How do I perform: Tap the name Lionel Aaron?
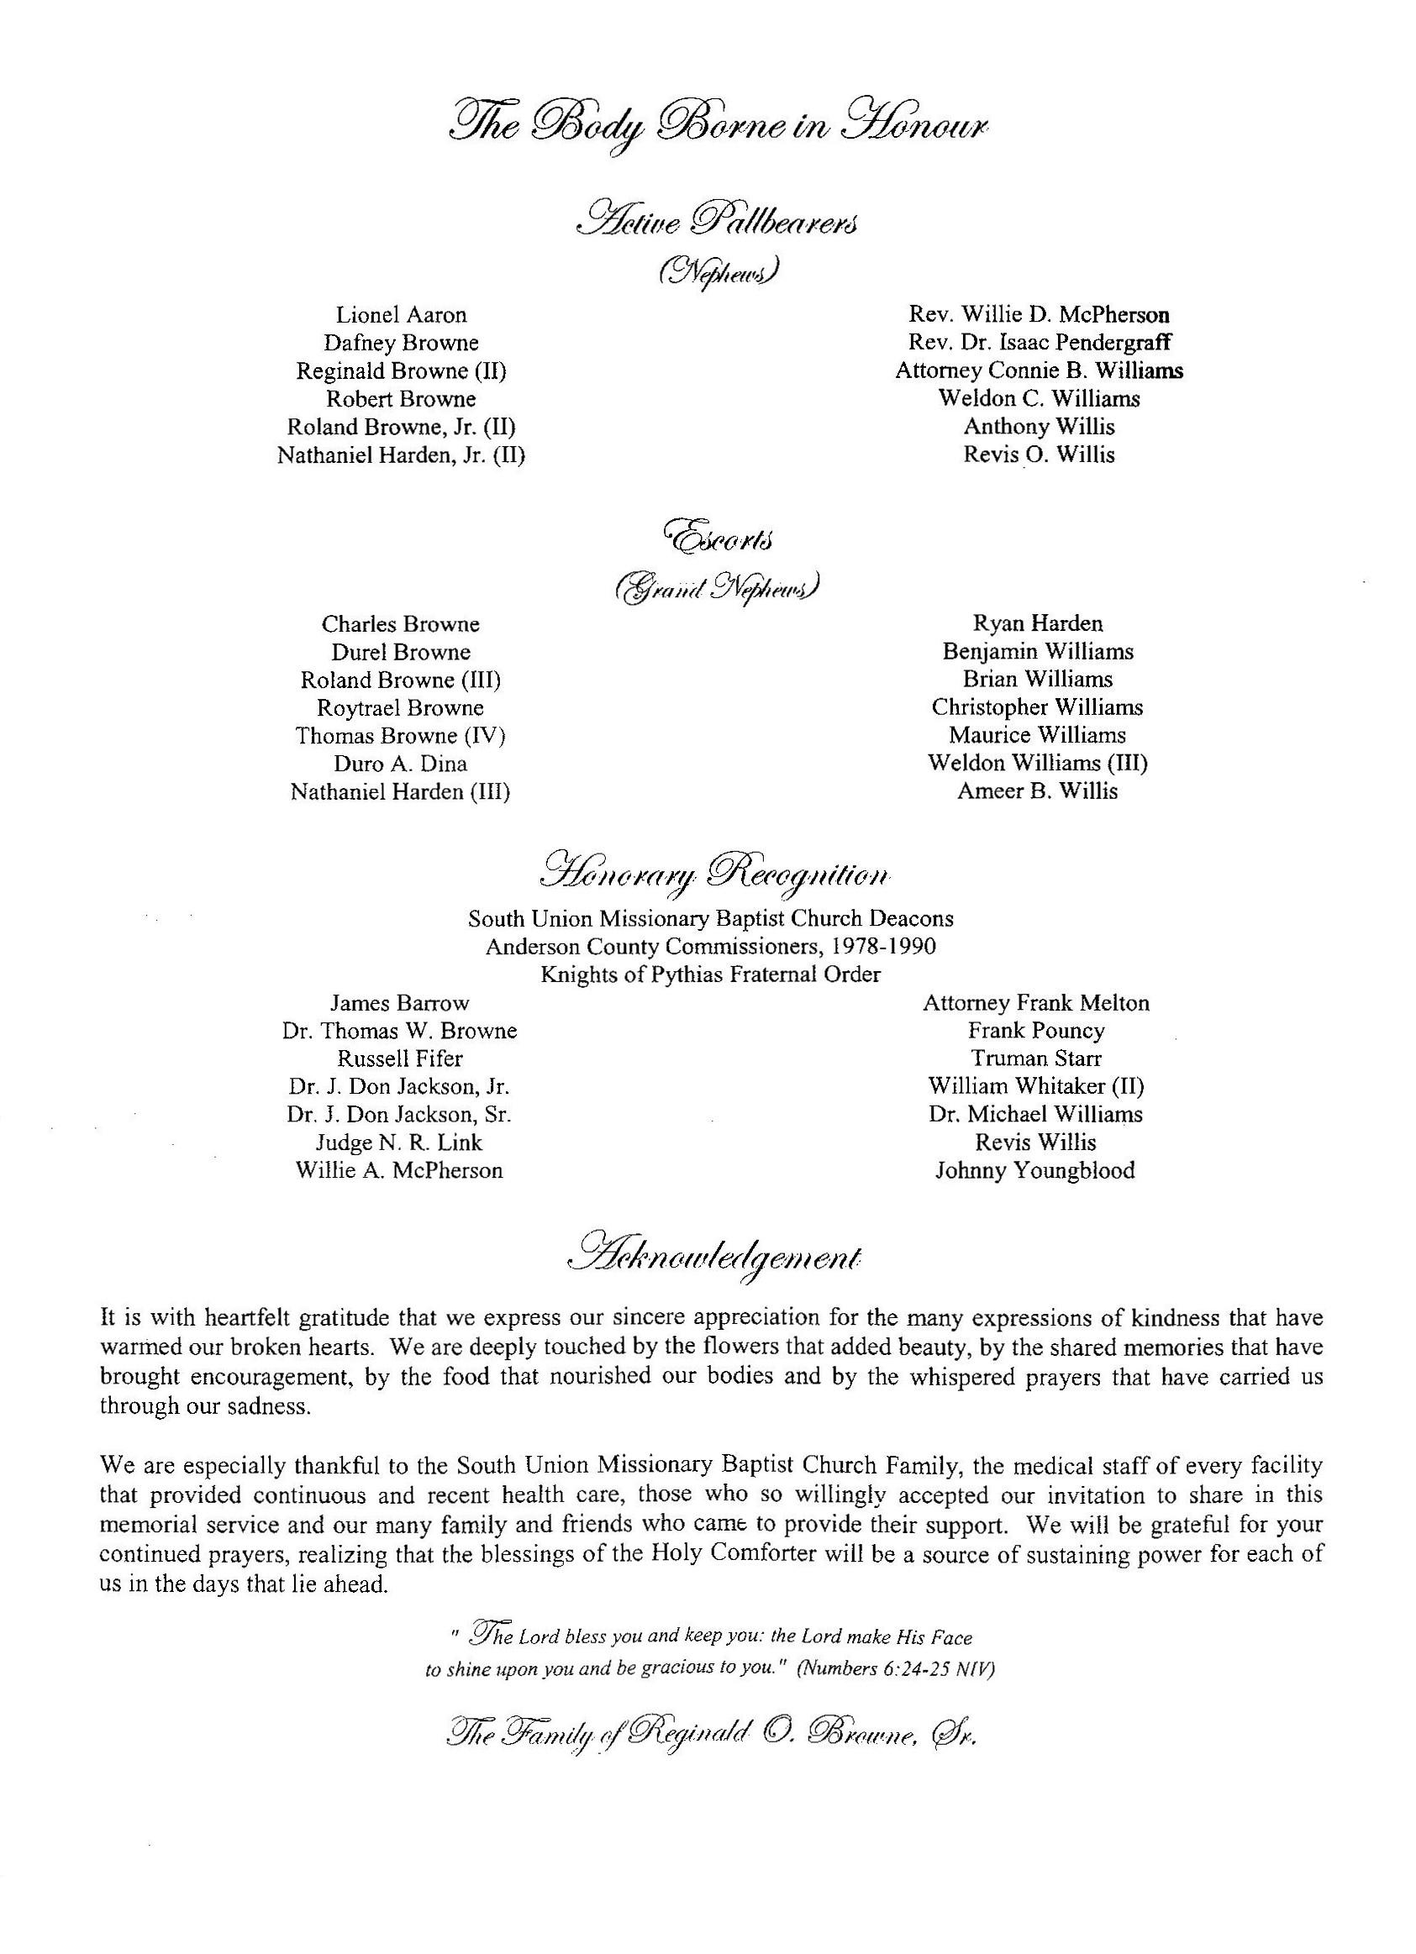pos(401,315)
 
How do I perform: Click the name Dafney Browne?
pos(401,343)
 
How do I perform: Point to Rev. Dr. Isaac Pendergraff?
pos(1039,343)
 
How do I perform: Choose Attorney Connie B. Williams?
pos(1039,370)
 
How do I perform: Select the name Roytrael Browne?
pos(400,708)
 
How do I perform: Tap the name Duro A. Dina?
pos(400,764)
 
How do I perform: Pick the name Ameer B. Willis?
pos(1037,792)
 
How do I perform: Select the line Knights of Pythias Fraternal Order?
pos(710,974)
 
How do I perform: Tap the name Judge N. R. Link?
pos(399,1143)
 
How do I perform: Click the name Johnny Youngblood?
pos(1035,1171)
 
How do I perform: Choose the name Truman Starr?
pos(1036,1058)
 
